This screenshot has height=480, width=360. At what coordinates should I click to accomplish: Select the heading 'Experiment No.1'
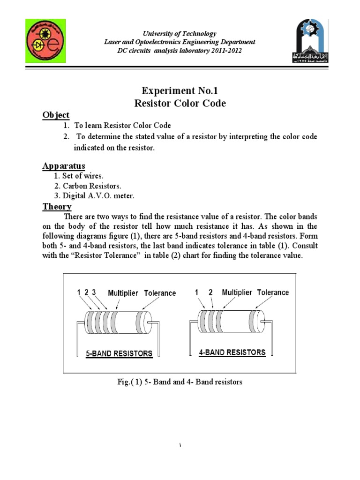180,90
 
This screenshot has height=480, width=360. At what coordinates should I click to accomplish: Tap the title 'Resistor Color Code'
180,103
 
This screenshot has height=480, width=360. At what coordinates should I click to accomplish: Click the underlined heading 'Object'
56,115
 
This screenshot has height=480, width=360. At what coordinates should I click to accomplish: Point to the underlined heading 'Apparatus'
64,166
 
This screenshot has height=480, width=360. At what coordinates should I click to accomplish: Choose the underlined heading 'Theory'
57,206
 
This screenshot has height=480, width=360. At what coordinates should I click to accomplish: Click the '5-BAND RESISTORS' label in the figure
119,354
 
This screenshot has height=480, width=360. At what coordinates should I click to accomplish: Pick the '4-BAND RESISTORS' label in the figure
232,352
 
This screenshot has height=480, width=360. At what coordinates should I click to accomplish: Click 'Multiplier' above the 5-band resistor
123,293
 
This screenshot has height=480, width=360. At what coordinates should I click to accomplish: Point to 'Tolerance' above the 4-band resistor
268,292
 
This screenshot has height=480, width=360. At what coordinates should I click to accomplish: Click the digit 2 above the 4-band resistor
210,292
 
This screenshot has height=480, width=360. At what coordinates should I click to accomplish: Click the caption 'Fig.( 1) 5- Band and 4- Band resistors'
180,382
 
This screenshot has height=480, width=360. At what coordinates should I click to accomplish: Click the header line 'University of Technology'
180,33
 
